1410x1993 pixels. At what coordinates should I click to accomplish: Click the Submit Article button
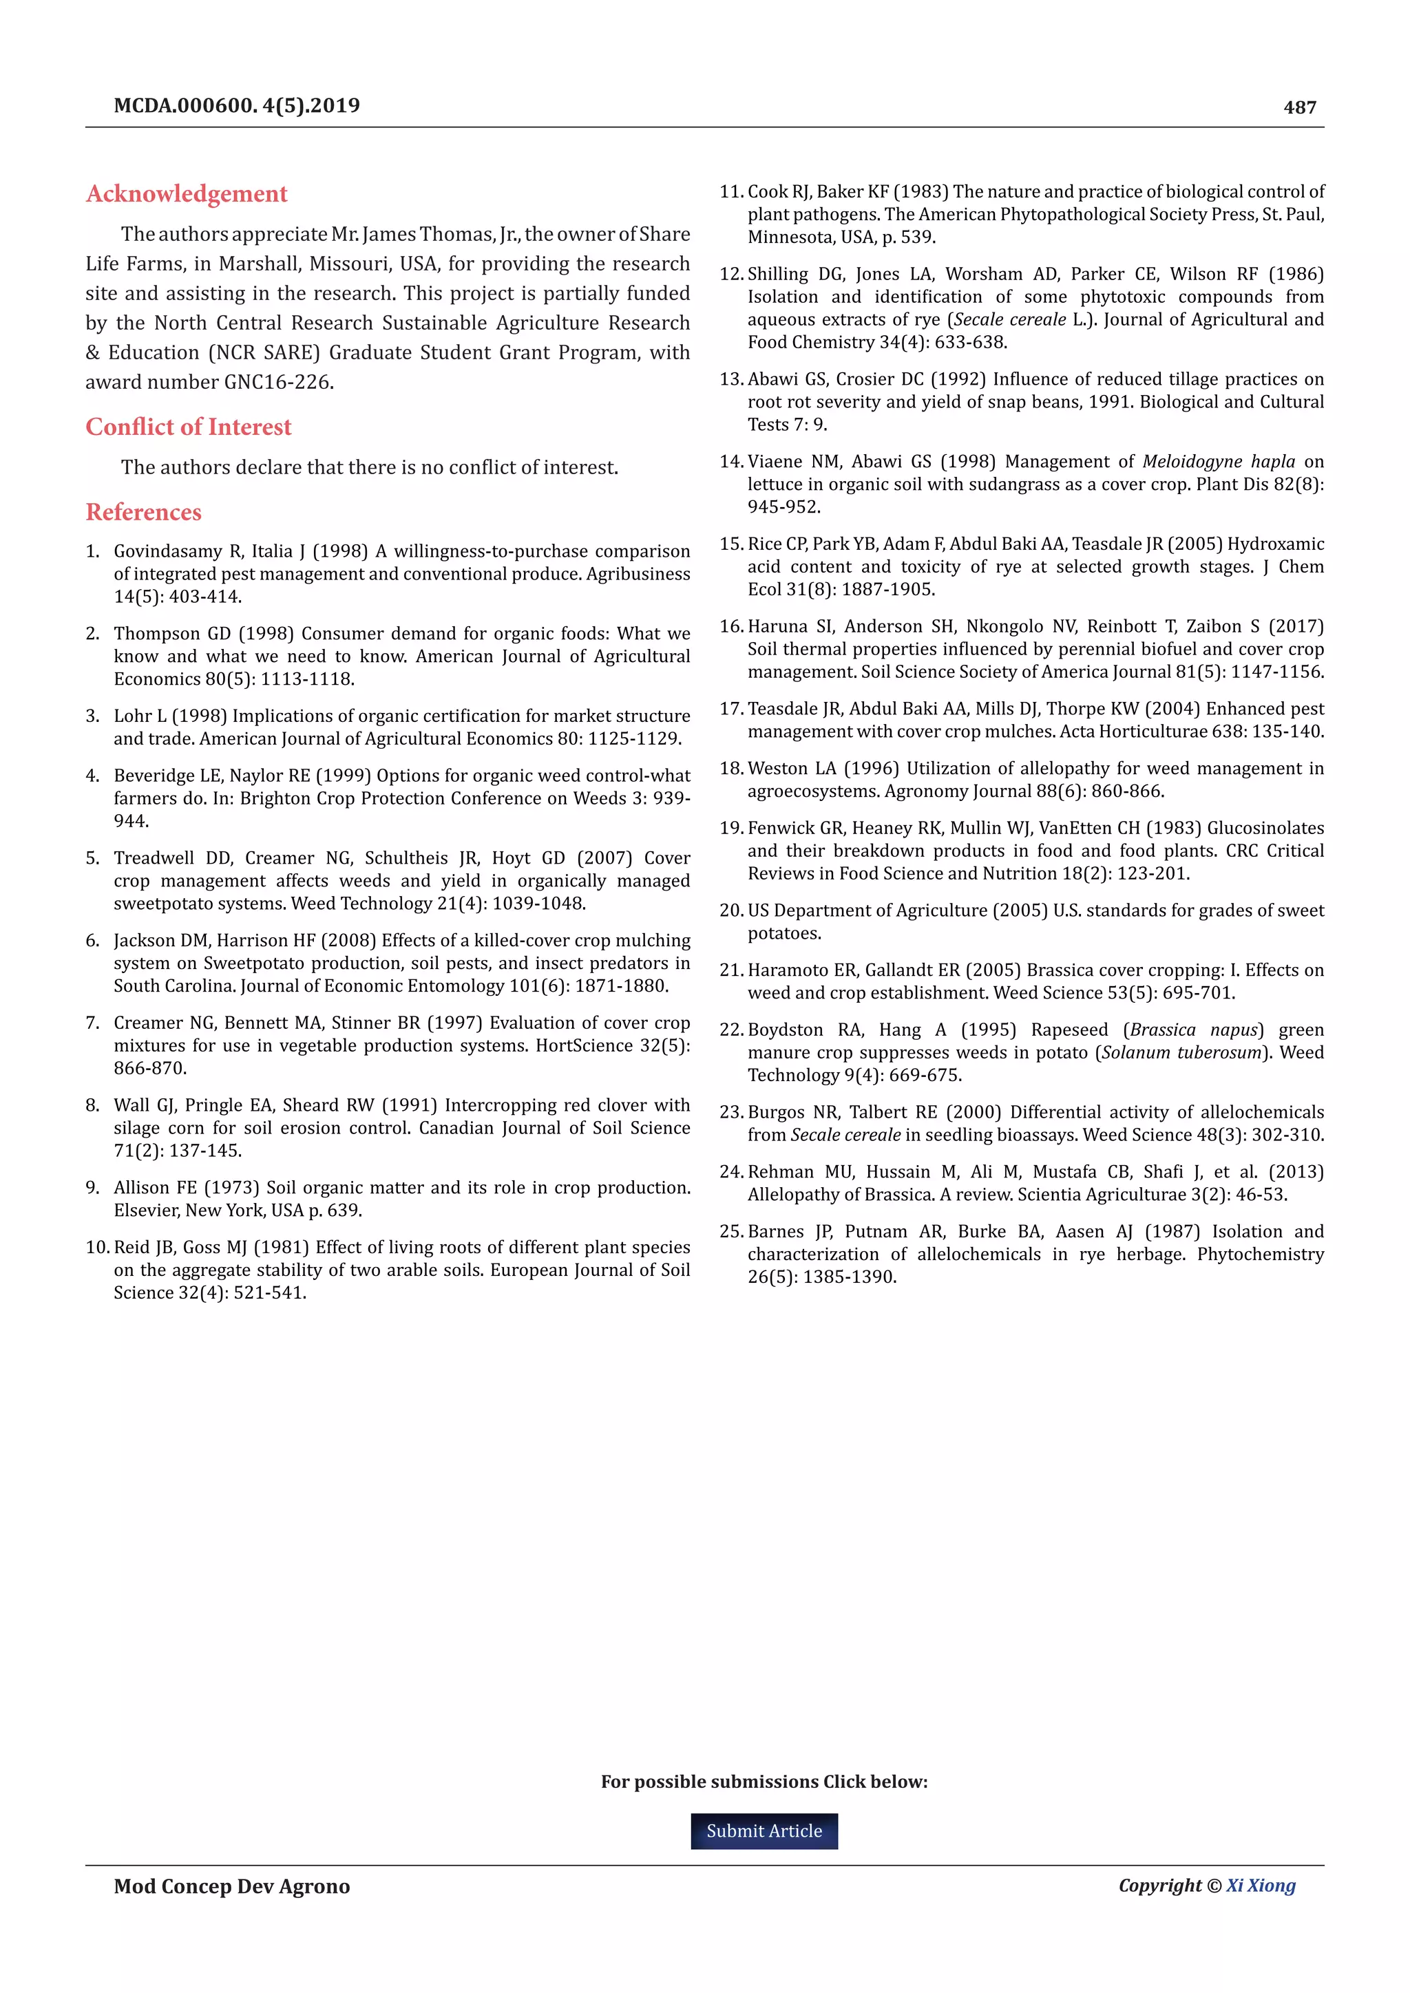pos(764,1831)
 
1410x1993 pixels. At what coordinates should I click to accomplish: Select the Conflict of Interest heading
pos(189,427)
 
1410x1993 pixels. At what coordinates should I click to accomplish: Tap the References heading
pos(143,512)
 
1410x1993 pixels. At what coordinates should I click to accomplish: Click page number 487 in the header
pos(1300,107)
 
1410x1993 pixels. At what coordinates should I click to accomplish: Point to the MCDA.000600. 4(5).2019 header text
pos(237,106)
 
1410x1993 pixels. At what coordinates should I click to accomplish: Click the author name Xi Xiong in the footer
pos(1261,1886)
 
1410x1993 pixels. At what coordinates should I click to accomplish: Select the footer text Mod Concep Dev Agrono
pos(232,1886)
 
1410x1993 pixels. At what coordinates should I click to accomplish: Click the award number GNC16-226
pos(279,382)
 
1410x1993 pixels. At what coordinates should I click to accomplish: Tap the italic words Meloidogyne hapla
pos(1218,462)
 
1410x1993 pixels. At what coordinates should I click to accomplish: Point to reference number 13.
pos(731,379)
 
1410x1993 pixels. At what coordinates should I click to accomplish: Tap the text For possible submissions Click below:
pos(764,1782)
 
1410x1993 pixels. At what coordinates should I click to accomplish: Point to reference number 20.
pos(731,910)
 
